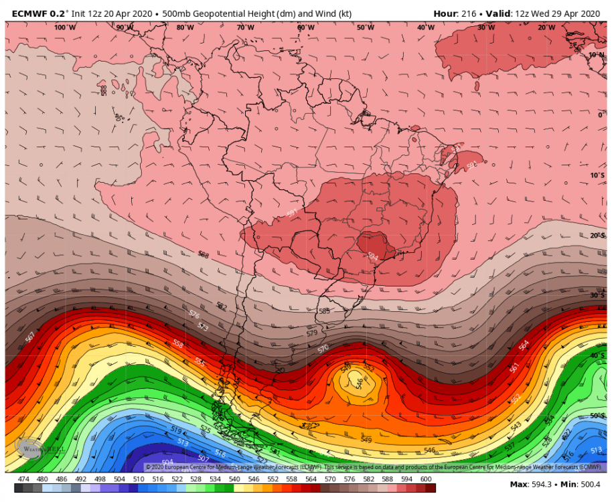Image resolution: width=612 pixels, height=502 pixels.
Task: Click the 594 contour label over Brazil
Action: click(373, 256)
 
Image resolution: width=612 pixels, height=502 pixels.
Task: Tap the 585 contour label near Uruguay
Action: click(325, 311)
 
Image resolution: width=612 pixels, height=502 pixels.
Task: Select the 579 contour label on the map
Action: click(311, 333)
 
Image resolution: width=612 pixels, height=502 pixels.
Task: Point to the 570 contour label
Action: click(323, 349)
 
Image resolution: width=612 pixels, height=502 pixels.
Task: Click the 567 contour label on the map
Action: click(30, 336)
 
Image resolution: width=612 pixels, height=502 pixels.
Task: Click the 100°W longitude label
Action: click(65, 27)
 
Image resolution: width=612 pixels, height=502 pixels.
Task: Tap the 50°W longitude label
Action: click(365, 27)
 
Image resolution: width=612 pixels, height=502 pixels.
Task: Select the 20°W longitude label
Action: click(546, 27)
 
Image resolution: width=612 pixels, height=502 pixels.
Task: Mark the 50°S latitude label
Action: click(597, 416)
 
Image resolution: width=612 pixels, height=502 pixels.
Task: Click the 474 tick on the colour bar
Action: click(23, 479)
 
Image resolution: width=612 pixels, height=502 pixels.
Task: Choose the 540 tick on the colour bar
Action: click(235, 479)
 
